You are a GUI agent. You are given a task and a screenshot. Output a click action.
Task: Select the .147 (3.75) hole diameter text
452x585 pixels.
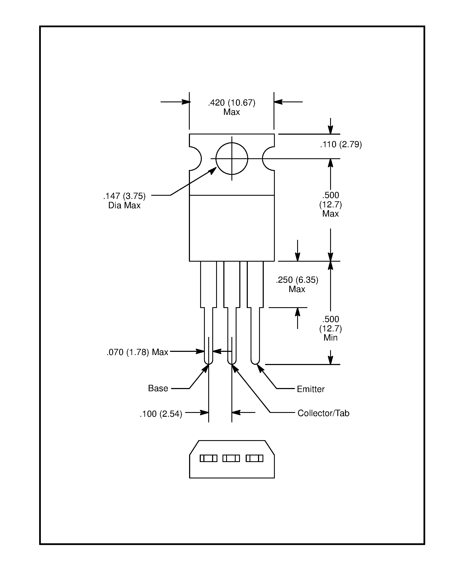click(x=124, y=196)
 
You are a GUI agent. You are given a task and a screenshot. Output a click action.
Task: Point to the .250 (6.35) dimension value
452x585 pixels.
click(x=297, y=280)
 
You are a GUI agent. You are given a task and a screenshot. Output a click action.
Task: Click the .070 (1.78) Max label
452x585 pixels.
click(x=137, y=352)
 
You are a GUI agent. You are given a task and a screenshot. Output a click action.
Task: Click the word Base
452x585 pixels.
click(x=158, y=388)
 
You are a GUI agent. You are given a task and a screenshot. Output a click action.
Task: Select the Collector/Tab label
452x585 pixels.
click(x=323, y=413)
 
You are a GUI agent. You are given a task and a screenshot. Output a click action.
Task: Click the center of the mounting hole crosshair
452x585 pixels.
click(x=232, y=158)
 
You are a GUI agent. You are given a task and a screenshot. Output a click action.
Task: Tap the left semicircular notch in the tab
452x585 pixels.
click(x=195, y=158)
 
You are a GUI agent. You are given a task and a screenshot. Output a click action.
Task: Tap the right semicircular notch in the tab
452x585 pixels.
click(x=268, y=158)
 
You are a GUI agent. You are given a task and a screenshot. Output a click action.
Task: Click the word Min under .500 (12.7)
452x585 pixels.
click(x=330, y=338)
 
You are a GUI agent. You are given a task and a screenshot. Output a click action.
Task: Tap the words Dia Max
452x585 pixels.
click(x=124, y=205)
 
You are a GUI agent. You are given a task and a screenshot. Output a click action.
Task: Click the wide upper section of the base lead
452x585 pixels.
click(x=208, y=284)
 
